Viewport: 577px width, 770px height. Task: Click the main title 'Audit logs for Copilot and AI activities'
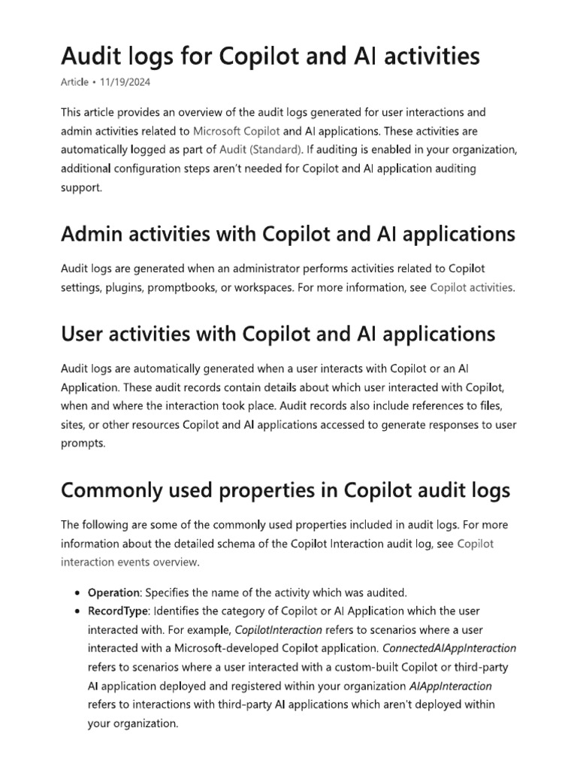point(270,56)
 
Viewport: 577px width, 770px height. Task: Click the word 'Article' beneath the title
point(75,82)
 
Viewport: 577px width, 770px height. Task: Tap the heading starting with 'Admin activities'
point(288,234)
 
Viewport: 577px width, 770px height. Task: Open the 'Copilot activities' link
point(472,287)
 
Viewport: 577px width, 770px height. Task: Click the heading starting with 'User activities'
point(278,333)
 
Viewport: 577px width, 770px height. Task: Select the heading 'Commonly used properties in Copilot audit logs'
point(285,490)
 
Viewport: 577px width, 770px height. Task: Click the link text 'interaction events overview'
point(129,562)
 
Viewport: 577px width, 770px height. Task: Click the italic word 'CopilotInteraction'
point(279,630)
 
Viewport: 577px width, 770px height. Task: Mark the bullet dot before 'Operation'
point(79,593)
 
